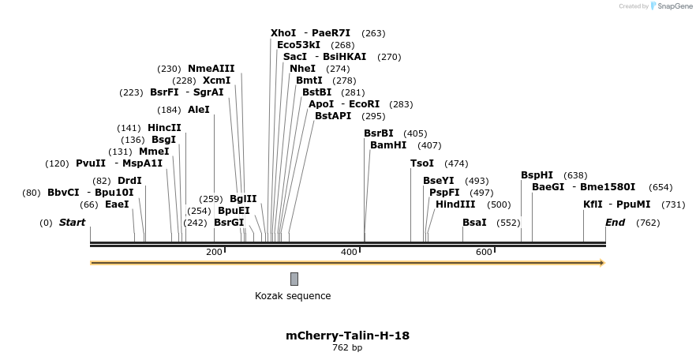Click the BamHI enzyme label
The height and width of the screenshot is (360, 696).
(x=388, y=145)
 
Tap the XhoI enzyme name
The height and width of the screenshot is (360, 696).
(x=283, y=33)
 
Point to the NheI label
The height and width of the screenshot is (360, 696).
(x=302, y=69)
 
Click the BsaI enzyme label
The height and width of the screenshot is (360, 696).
(x=474, y=223)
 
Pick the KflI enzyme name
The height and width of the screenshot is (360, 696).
(x=592, y=204)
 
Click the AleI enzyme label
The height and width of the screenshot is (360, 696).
(x=199, y=110)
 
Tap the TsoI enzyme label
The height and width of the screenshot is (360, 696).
(x=422, y=163)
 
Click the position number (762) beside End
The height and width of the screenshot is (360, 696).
(x=648, y=223)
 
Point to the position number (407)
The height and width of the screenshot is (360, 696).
(x=429, y=145)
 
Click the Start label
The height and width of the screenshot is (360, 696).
(x=72, y=223)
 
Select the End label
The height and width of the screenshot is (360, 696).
(x=615, y=223)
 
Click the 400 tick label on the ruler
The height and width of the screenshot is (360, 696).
(x=349, y=252)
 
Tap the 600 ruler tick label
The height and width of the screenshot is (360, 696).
(x=484, y=252)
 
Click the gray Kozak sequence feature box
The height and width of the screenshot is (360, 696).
(x=294, y=279)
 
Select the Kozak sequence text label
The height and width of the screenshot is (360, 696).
(x=293, y=296)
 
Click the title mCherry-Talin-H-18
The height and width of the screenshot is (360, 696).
(x=347, y=336)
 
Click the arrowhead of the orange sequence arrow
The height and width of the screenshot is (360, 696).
(x=602, y=263)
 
